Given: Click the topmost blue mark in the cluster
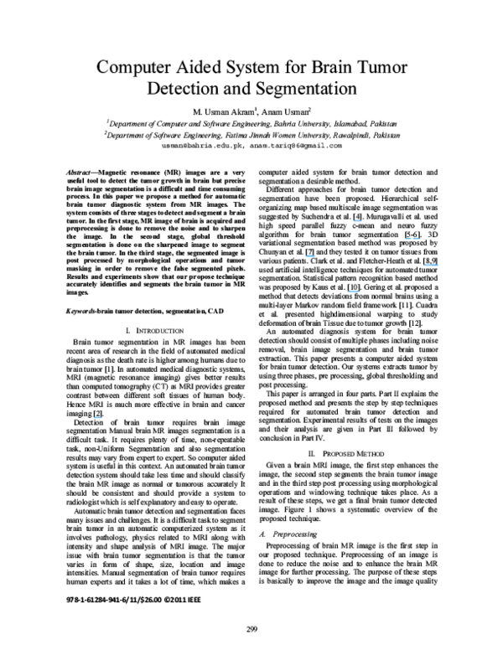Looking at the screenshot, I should (357, 221).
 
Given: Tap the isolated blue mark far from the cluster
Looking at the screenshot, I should (97, 417).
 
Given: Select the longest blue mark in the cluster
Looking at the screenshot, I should (430, 266).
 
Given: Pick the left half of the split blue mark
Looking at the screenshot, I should (408, 239).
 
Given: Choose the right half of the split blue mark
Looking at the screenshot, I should (416, 239).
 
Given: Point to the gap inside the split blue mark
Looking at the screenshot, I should (412, 239).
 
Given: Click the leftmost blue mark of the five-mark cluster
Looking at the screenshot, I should (310, 255).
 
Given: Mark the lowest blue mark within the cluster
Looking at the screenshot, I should (353, 291).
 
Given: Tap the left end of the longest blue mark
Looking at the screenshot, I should (423, 266).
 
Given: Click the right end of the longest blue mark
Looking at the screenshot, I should (438, 266).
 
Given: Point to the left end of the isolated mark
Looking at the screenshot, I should (93, 417).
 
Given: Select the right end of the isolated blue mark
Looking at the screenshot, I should (102, 417).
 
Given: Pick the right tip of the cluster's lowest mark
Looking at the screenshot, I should (360, 291).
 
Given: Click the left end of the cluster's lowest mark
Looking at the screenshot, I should (347, 291).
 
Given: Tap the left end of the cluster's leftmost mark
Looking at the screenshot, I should (305, 255).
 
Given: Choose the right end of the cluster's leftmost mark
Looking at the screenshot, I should (315, 255).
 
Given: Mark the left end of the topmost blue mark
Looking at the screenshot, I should (353, 221).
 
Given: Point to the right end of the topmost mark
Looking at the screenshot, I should (362, 221).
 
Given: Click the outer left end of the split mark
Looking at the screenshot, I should (405, 239).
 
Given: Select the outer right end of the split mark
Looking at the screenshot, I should (419, 239).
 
